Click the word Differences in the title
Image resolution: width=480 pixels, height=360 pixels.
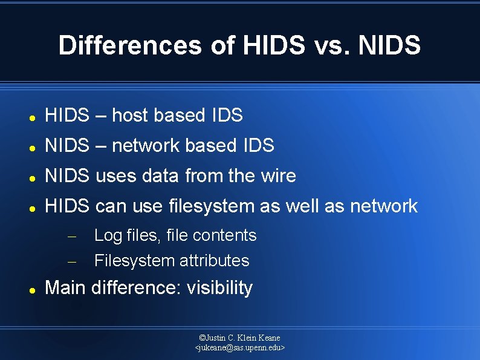point(130,45)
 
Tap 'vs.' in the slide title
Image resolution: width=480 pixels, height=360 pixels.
point(332,45)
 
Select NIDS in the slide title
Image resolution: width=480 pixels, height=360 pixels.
point(390,45)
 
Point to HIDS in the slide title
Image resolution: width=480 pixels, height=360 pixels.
point(265,45)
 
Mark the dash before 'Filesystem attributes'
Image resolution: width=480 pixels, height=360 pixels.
point(71,262)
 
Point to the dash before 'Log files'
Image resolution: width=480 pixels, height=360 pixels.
point(71,237)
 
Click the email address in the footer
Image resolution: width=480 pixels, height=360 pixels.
point(240,348)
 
